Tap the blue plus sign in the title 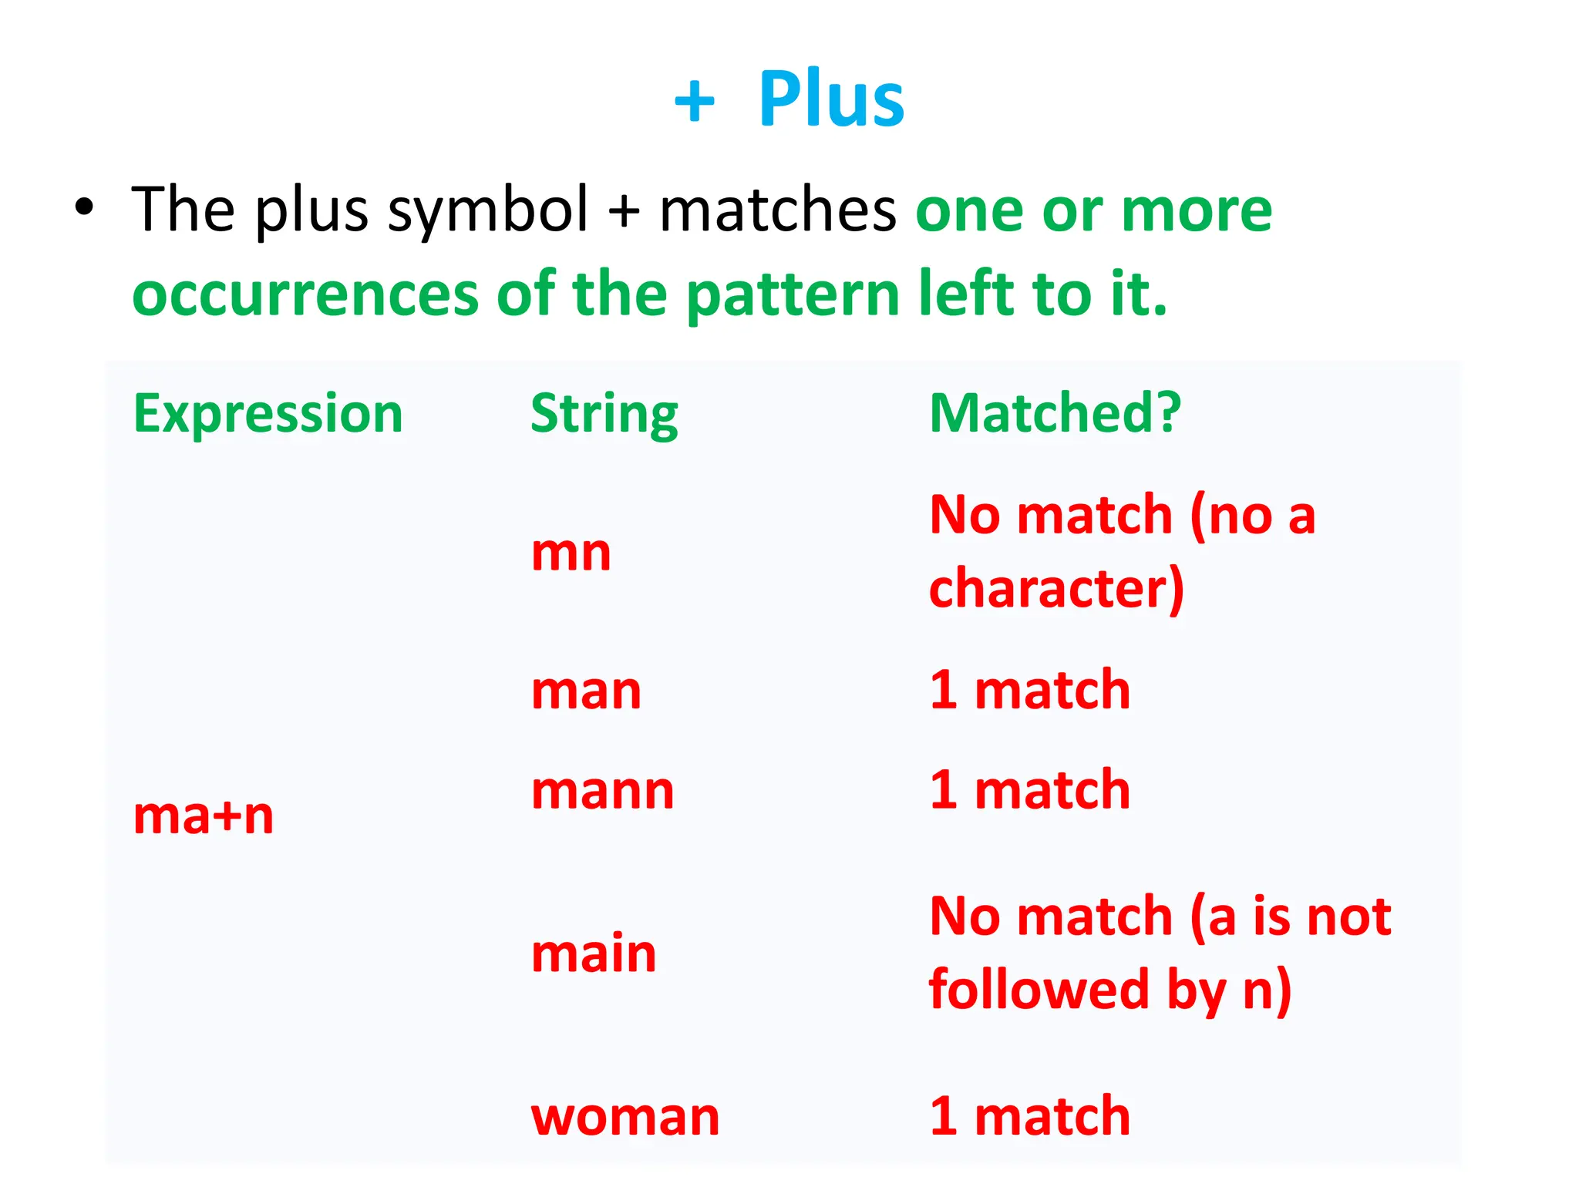[x=694, y=101]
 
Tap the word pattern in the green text [x=793, y=295]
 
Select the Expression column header [x=268, y=413]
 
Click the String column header [x=604, y=414]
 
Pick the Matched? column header [x=1055, y=413]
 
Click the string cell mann [x=602, y=791]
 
